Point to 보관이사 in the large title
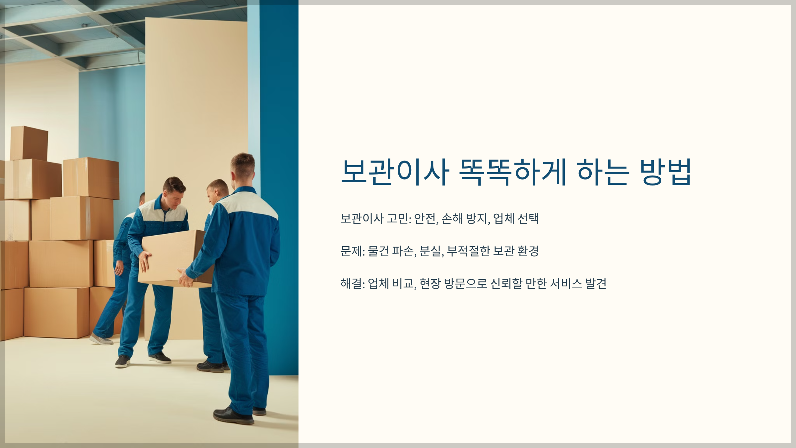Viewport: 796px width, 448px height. (395, 172)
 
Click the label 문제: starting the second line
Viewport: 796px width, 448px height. (353, 251)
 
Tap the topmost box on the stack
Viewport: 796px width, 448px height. (29, 143)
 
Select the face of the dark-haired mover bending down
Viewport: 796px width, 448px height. (176, 197)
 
